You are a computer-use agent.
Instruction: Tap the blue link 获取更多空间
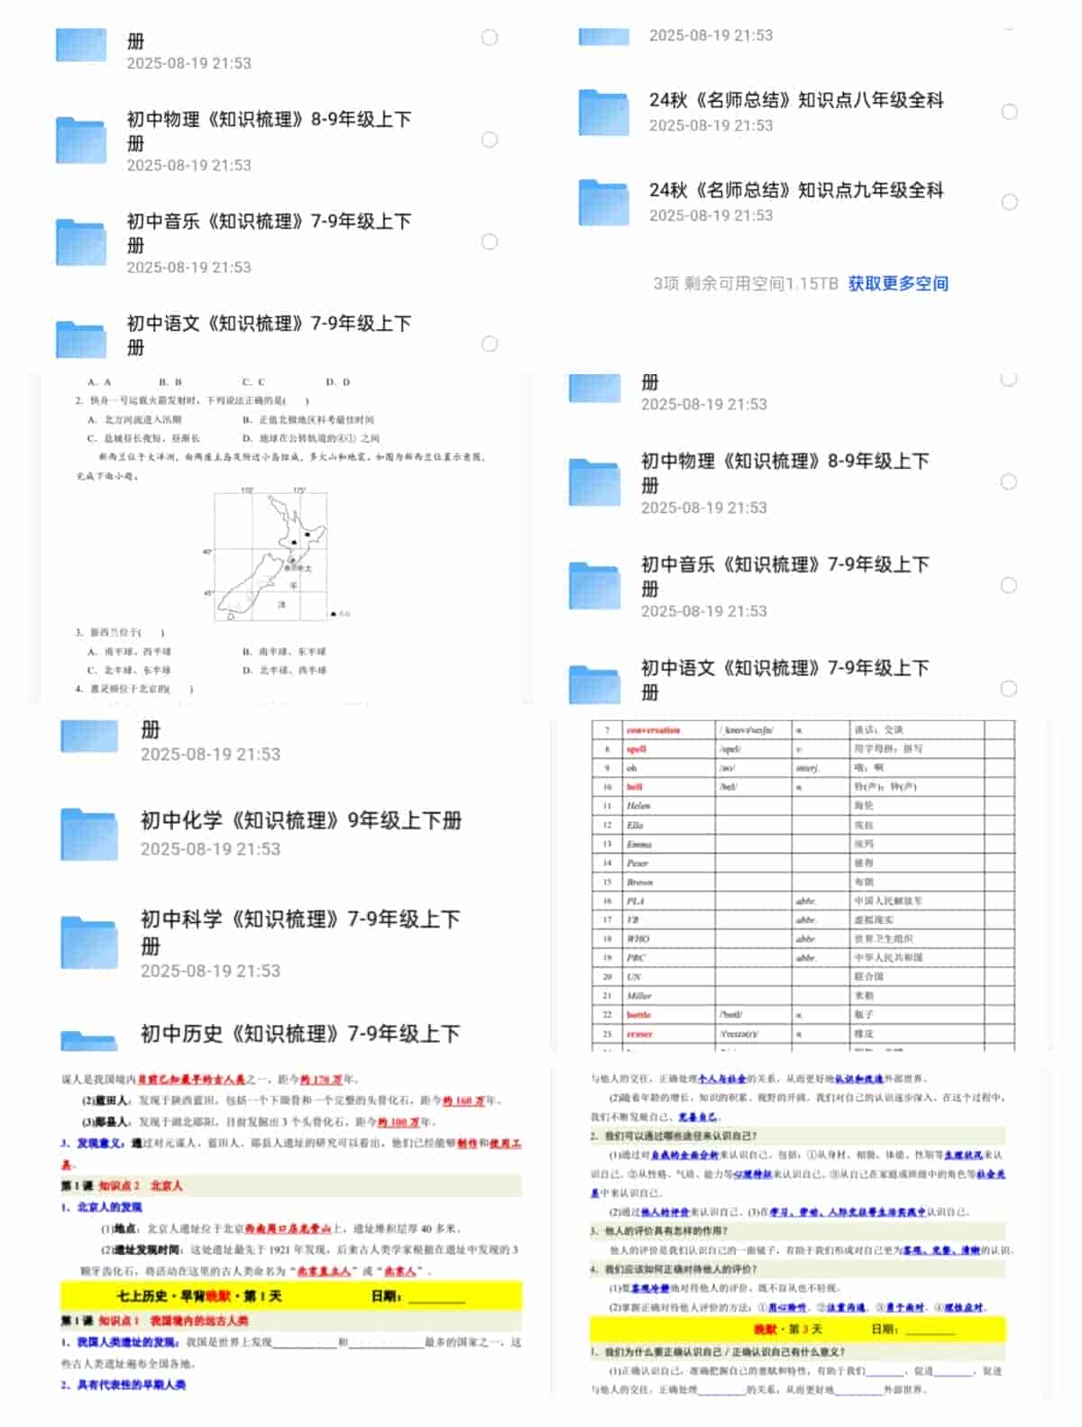coord(897,284)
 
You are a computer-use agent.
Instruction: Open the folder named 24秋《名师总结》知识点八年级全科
coord(795,101)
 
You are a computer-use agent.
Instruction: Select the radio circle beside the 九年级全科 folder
coord(1010,202)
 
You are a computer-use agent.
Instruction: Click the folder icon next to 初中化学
coord(88,834)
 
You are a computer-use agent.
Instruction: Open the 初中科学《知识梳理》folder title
coord(300,920)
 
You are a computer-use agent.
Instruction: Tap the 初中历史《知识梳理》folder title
coord(300,1034)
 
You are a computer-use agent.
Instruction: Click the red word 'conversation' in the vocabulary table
coord(654,730)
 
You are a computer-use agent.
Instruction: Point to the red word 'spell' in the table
coord(637,749)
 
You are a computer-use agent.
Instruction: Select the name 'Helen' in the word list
coord(638,806)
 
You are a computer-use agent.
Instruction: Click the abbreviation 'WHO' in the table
coord(638,938)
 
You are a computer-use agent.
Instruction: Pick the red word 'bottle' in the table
coord(639,1015)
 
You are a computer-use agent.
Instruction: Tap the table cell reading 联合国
coord(869,976)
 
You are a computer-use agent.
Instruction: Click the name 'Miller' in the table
coord(639,996)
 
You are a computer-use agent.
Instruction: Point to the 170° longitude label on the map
coord(247,491)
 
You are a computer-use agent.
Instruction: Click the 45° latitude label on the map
coord(208,593)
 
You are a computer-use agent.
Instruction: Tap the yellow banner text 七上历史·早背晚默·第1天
coord(200,1296)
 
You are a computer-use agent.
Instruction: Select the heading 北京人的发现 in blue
coord(109,1207)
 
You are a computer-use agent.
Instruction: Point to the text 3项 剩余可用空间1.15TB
coord(745,284)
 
